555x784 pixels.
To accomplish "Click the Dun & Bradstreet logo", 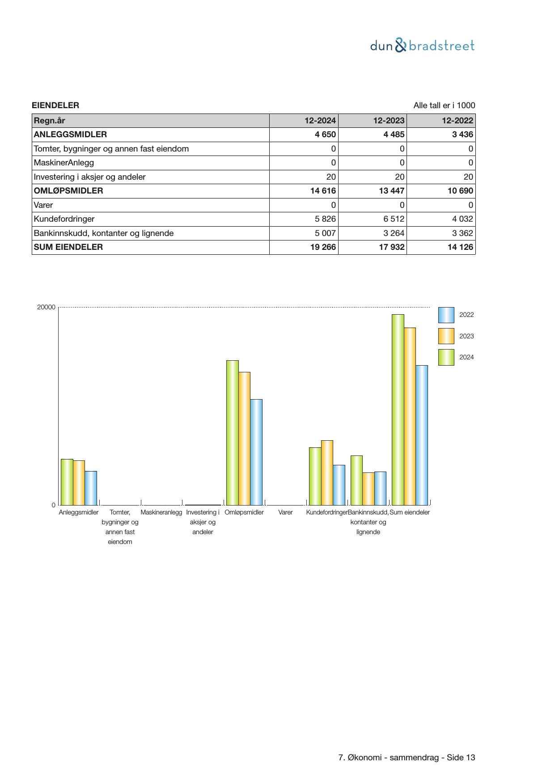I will pyautogui.click(x=422, y=46).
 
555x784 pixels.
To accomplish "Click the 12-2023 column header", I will pyautogui.click(x=389, y=121).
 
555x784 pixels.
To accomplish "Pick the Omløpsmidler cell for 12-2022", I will pyautogui.click(x=460, y=191).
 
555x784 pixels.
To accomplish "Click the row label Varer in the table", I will pyautogui.click(x=43, y=205).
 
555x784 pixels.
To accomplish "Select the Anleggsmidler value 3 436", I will pyautogui.click(x=462, y=135).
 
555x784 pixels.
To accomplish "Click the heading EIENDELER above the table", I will pyautogui.click(x=55, y=105).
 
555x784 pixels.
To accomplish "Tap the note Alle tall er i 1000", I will pyautogui.click(x=444, y=105).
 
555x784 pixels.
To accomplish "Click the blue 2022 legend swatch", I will pyautogui.click(x=446, y=315).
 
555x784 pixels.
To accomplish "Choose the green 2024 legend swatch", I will pyautogui.click(x=446, y=358).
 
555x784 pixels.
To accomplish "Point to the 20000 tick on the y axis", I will pyautogui.click(x=46, y=307).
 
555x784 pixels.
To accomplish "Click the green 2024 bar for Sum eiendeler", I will pyautogui.click(x=398, y=409).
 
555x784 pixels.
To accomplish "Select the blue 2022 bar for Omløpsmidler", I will pyautogui.click(x=256, y=451).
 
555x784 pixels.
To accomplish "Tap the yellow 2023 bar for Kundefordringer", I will pyautogui.click(x=327, y=472).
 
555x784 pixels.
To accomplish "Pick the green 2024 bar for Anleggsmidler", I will pyautogui.click(x=67, y=482).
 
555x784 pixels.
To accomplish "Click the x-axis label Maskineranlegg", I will pyautogui.click(x=161, y=512).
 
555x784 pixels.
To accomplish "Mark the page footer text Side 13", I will pyautogui.click(x=461, y=758).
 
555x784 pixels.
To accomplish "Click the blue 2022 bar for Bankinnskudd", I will pyautogui.click(x=380, y=488).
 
